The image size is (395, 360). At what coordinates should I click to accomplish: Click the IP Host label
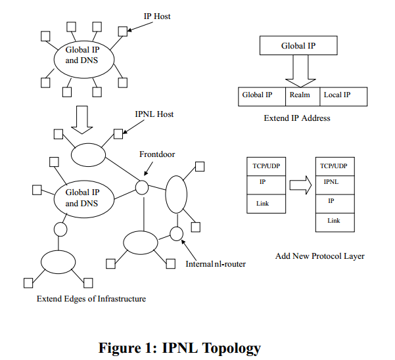tap(157, 16)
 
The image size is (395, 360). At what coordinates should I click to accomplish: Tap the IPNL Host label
tap(154, 114)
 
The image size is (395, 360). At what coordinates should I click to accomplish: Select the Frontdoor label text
tap(157, 154)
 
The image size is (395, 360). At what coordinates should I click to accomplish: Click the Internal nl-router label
tap(216, 264)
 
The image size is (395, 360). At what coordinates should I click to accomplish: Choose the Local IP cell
tap(343, 97)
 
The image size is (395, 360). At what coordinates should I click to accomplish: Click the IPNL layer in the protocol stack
tap(335, 185)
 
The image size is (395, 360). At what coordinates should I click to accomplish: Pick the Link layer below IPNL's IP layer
tap(335, 223)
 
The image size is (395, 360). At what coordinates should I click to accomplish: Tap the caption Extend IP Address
tap(297, 118)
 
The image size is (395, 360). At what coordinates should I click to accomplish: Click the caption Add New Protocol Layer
tap(320, 256)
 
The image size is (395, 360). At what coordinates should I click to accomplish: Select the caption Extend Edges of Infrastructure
tap(91, 299)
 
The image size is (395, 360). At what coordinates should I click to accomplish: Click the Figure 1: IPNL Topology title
tap(179, 348)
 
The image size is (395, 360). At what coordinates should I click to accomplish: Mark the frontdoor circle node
tap(142, 187)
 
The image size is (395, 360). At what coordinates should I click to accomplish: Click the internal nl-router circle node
tap(176, 234)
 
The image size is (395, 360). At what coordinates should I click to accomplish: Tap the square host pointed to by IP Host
tap(123, 32)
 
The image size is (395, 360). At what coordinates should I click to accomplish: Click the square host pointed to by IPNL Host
tap(118, 134)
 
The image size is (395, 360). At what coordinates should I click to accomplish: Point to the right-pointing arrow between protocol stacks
tap(300, 185)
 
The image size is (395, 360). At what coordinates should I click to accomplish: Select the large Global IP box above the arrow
tap(298, 45)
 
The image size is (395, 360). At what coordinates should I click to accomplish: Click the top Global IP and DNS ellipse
tap(84, 59)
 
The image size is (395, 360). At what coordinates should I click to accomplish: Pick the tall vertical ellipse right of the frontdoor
tap(176, 194)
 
